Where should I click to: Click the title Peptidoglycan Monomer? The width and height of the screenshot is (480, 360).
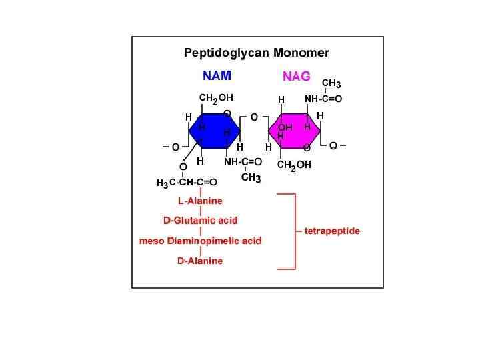[x=257, y=52]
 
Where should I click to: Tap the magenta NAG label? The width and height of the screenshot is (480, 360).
[x=296, y=77]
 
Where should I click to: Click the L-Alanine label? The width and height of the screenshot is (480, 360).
[x=200, y=200]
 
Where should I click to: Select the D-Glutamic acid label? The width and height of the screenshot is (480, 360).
[x=200, y=220]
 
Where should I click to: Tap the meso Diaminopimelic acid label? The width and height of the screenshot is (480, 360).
[x=200, y=241]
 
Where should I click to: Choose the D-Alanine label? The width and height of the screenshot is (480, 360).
[x=200, y=261]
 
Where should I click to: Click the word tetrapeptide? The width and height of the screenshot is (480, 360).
[x=332, y=231]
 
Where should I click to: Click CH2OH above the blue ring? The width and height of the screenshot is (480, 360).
[x=216, y=98]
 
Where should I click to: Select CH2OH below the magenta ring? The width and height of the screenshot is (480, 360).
[x=294, y=165]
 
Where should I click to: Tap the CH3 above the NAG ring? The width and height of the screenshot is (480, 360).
[x=331, y=84]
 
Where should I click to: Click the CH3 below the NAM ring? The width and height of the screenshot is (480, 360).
[x=251, y=178]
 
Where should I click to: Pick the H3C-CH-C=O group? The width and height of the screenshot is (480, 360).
[x=187, y=182]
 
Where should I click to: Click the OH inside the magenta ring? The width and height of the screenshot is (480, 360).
[x=285, y=127]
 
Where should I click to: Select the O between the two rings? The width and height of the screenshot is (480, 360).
[x=254, y=117]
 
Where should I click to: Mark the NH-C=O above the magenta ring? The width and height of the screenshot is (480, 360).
[x=323, y=99]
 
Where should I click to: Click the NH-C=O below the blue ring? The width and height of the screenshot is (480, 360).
[x=243, y=162]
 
